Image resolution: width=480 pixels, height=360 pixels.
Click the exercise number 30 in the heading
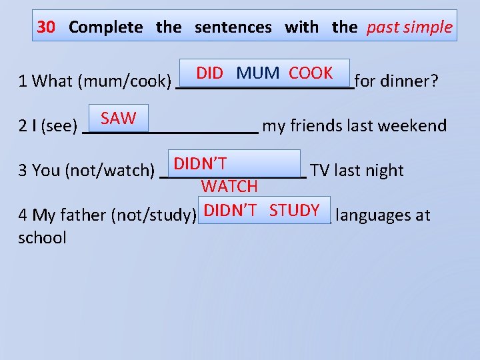pos(46,27)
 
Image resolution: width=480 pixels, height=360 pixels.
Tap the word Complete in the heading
pos(105,27)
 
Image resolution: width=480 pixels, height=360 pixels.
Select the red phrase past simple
pos(409,27)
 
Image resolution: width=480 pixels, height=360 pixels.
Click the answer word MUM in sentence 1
pos(258,73)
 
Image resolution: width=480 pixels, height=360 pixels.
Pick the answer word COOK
pos(311,73)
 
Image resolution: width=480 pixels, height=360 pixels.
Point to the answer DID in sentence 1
pos(209,73)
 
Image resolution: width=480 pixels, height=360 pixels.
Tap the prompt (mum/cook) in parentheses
pos(125,82)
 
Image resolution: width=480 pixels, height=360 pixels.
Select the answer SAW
pos(119,119)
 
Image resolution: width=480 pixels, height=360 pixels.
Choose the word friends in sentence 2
pos(317,126)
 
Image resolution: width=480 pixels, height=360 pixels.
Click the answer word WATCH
pos(229,186)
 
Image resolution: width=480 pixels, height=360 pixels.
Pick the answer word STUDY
pos(295,211)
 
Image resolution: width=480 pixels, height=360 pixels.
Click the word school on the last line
pos(43,238)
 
